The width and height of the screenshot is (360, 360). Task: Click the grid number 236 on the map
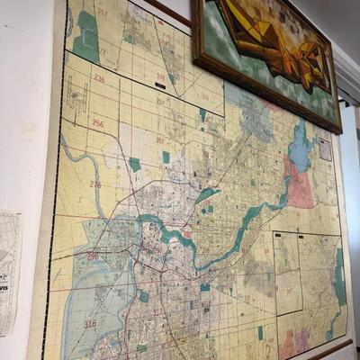(98, 79)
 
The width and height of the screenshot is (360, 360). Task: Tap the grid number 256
(97, 123)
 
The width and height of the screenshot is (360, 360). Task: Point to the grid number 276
(94, 184)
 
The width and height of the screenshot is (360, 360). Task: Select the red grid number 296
(93, 256)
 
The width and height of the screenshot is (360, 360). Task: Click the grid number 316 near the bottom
(90, 323)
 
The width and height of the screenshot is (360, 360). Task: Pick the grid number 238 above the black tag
(161, 76)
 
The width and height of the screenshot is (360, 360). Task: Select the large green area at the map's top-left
(87, 36)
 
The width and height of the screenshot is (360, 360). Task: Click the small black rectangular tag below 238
(160, 85)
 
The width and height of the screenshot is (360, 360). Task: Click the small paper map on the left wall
(9, 270)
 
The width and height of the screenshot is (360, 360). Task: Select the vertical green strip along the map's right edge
(339, 279)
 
